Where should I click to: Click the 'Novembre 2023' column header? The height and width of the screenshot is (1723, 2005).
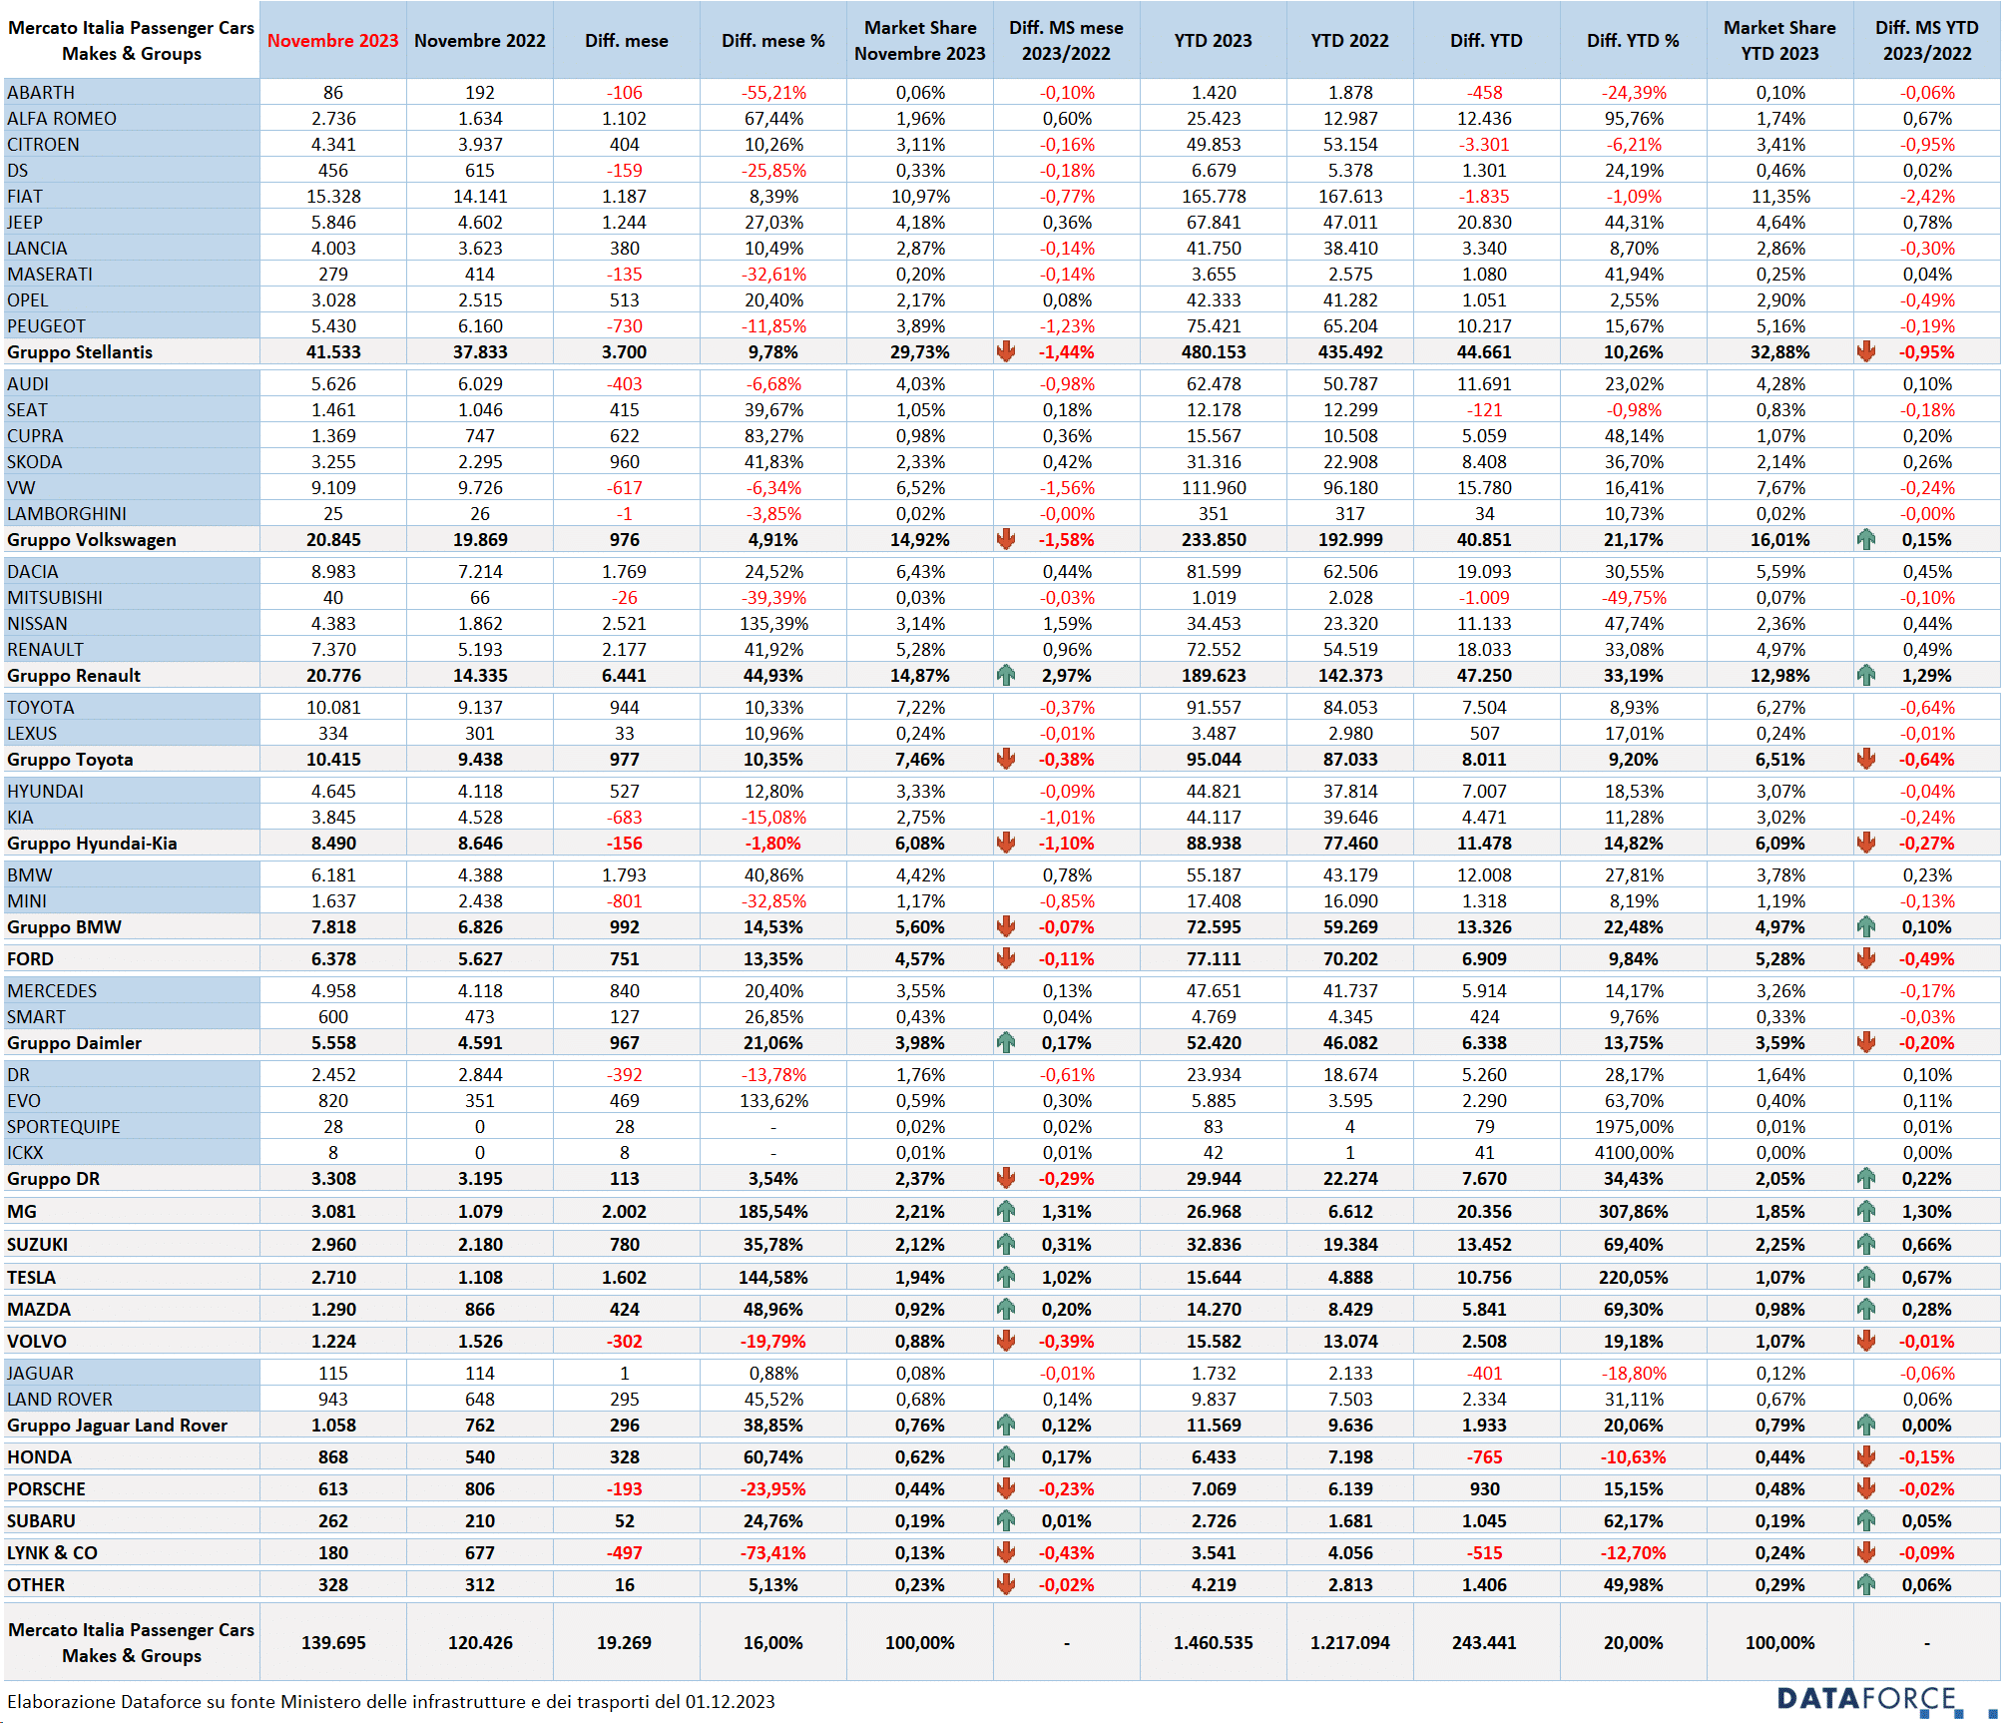click(x=332, y=41)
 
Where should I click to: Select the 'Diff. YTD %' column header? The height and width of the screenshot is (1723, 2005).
click(x=1633, y=41)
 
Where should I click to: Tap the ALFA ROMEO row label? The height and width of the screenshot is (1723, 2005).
click(x=62, y=119)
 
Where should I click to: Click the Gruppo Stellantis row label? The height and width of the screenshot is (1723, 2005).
click(x=80, y=352)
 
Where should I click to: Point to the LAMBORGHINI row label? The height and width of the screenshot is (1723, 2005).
click(x=67, y=514)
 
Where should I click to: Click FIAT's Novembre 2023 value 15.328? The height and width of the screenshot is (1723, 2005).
click(x=333, y=197)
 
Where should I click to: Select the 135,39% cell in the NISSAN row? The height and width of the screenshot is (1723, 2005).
click(x=773, y=624)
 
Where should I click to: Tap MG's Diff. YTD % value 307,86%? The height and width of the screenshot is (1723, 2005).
click(x=1633, y=1212)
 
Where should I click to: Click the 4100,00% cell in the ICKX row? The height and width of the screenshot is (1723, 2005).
click(x=1633, y=1153)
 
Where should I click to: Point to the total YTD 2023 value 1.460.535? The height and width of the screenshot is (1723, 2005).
click(x=1213, y=1643)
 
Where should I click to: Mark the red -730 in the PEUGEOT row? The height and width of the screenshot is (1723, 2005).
click(x=624, y=326)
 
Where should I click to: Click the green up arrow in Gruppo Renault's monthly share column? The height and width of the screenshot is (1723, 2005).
click(x=1006, y=676)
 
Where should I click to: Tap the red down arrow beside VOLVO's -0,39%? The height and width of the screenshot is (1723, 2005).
click(x=1006, y=1342)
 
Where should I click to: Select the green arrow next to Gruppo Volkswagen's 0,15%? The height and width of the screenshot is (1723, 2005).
click(x=1866, y=540)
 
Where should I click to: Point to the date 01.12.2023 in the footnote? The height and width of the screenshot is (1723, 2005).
click(x=730, y=1702)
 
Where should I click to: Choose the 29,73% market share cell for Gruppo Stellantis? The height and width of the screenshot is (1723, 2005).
click(x=920, y=352)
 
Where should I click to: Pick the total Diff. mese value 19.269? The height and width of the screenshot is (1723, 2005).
click(x=624, y=1643)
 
